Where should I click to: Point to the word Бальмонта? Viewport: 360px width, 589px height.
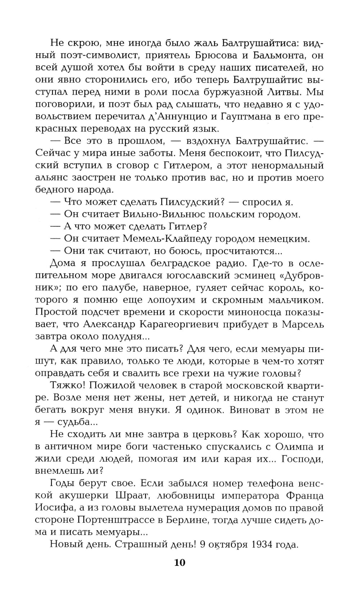272,56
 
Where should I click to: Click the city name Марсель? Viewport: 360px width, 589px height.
303,324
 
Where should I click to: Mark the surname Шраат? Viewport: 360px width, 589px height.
129,496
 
